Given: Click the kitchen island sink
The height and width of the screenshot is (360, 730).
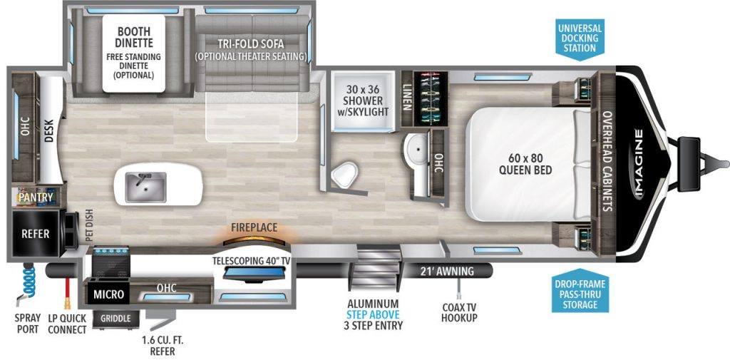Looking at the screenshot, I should point(146,187).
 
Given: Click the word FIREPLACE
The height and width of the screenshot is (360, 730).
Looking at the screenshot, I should point(254,228).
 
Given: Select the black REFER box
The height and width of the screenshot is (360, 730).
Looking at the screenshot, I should point(34,233).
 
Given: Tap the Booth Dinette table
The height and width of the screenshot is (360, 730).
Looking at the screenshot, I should point(133,53).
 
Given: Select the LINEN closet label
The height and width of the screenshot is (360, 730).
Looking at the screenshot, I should point(407,96).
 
